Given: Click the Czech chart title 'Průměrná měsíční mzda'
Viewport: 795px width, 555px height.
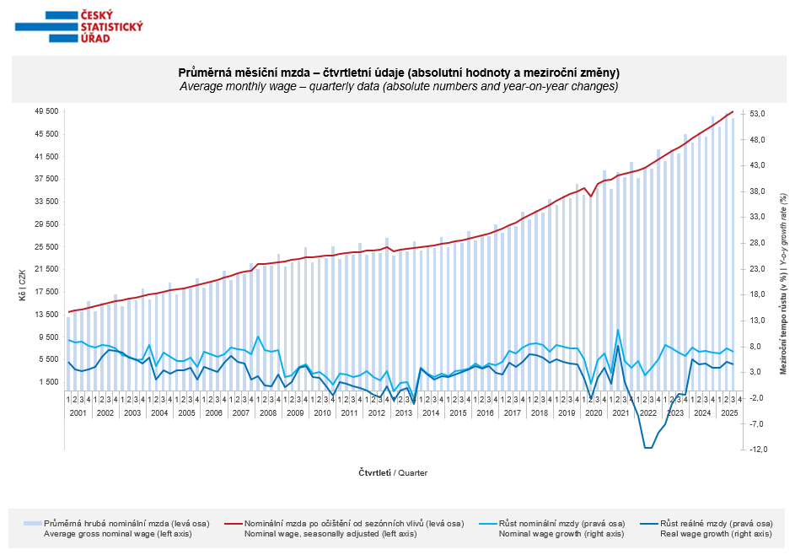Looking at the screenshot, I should [x=399, y=73].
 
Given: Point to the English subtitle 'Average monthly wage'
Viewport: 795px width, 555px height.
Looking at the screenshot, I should [x=399, y=86].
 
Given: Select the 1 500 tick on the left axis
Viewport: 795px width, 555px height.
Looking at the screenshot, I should [x=49, y=382].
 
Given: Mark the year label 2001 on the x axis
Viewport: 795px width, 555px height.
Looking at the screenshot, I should [x=78, y=413].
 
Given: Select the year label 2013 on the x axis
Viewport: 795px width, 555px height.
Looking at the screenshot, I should [x=403, y=413].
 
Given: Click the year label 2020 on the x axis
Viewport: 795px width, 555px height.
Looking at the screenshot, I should [x=593, y=413].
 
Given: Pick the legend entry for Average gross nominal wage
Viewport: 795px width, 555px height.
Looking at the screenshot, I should [x=126, y=528].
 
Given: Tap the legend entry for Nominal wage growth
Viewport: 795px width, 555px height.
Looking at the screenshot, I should [x=561, y=528].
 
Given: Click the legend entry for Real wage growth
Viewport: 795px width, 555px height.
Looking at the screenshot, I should [x=715, y=528].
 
